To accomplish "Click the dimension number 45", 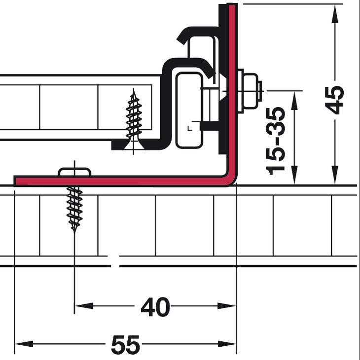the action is pyautogui.click(x=335, y=100).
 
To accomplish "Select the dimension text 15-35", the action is pyautogui.click(x=276, y=141).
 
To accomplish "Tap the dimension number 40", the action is pyautogui.click(x=155, y=307).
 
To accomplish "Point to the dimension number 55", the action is pyautogui.click(x=125, y=345).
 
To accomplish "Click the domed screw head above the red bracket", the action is pyautogui.click(x=74, y=172).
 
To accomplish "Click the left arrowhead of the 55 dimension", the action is pyautogui.click(x=24, y=344).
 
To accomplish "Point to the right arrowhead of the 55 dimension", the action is pyautogui.click(x=227, y=344).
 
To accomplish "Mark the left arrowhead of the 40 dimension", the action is pyautogui.click(x=84, y=306).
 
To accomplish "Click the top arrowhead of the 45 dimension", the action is pyautogui.click(x=335, y=14).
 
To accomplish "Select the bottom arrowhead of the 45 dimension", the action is pyautogui.click(x=335, y=175).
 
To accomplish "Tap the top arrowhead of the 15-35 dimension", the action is pyautogui.click(x=294, y=101).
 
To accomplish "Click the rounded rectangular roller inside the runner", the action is pyautogui.click(x=189, y=110).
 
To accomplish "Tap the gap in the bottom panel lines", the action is pyautogui.click(x=115, y=261).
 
